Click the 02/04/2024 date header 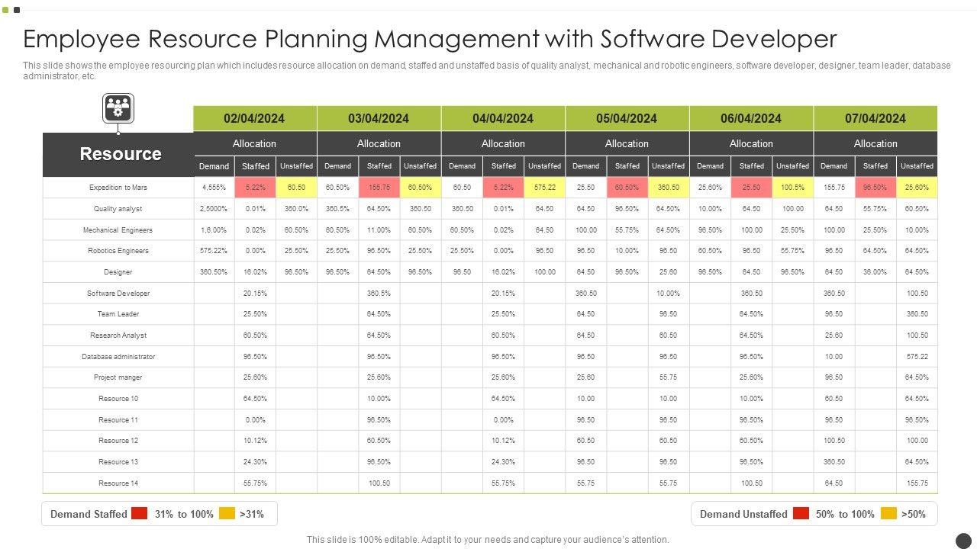point(254,118)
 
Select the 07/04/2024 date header point(875,118)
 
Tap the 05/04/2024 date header point(627,118)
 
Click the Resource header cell point(120,154)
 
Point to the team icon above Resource point(118,108)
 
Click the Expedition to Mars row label point(118,188)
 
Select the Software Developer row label point(118,294)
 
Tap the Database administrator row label point(118,357)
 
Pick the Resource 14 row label point(118,483)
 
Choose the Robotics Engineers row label point(118,251)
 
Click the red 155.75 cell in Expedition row point(379,188)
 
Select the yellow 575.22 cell point(544,188)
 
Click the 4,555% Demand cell point(214,188)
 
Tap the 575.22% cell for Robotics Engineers point(214,251)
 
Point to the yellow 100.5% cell point(792,188)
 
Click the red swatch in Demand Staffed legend point(139,514)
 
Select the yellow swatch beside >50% point(888,514)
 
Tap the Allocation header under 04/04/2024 point(503,143)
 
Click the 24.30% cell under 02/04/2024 point(255,462)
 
